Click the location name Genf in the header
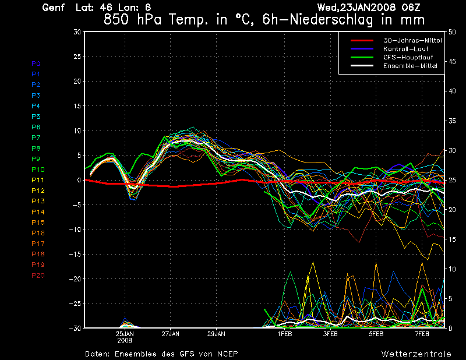click(x=53, y=8)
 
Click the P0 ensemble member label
click(x=36, y=63)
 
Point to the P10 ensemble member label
click(x=38, y=170)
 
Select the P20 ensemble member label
click(x=38, y=276)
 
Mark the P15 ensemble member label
click(x=38, y=223)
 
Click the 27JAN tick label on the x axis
click(x=170, y=334)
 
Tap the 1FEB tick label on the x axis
click(x=284, y=334)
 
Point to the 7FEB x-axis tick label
click(x=422, y=334)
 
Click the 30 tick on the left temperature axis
click(x=77, y=32)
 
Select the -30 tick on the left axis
click(x=75, y=329)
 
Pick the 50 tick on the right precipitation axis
click(x=451, y=32)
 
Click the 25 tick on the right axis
click(x=451, y=180)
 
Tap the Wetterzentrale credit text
click(x=416, y=354)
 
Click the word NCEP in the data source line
click(x=226, y=354)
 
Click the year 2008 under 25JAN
click(x=125, y=341)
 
